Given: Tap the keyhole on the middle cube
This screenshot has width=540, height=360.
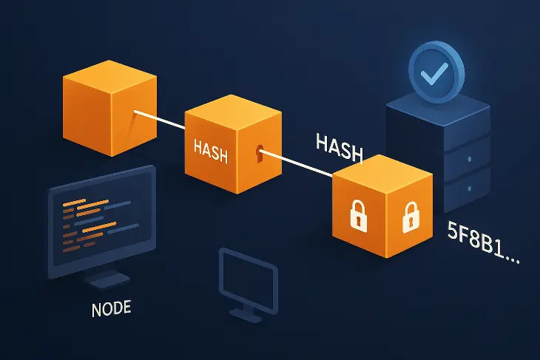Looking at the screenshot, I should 258,154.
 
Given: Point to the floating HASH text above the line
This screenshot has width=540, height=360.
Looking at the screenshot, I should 339,145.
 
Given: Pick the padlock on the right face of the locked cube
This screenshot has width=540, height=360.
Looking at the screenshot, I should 407,217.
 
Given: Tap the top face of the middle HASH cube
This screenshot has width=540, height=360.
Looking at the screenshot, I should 232,109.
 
